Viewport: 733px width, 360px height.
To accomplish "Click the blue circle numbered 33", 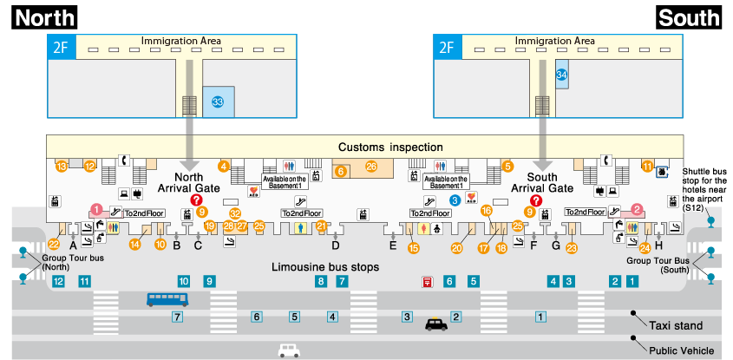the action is [x=218, y=101].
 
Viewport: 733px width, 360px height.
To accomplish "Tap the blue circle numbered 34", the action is [x=561, y=75].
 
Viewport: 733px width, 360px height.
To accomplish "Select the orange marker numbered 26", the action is [x=371, y=167].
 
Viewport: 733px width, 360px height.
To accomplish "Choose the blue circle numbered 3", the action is [x=454, y=200].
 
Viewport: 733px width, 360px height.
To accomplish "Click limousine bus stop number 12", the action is [x=58, y=281].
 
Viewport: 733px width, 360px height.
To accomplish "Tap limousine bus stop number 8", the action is [x=321, y=281].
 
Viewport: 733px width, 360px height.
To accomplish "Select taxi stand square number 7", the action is [x=176, y=317].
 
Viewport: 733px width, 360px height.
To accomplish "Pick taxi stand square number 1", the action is [x=540, y=317].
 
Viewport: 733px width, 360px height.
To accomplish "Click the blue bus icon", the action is [x=167, y=299].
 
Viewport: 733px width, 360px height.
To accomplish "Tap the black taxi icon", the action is [x=436, y=324].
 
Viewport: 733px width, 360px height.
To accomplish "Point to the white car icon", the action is [x=289, y=350].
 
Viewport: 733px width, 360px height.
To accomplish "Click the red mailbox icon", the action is [x=427, y=281].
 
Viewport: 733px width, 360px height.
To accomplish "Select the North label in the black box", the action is [x=45, y=17].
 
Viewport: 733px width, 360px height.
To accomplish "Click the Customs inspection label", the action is [x=390, y=147].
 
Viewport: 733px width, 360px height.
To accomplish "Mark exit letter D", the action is [x=335, y=245].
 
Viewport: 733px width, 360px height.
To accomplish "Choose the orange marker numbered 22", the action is [x=53, y=244].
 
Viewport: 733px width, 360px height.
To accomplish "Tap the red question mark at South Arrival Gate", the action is [x=536, y=200].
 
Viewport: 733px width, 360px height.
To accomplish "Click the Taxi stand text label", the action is [x=676, y=325].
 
